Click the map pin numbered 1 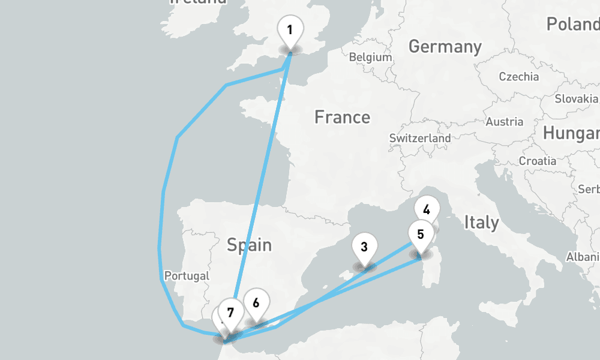tap(290, 29)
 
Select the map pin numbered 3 tap(364, 247)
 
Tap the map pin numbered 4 tap(427, 210)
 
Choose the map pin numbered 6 tap(256, 302)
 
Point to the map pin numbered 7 tap(230, 311)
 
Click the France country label tap(342, 117)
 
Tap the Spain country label tap(249, 245)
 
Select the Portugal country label tap(187, 276)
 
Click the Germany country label tap(445, 46)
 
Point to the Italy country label tap(481, 223)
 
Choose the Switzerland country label tap(420, 138)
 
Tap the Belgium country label tap(370, 58)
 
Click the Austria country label tap(504, 122)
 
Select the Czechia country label tap(519, 77)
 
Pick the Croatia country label tap(537, 161)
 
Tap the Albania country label tap(584, 257)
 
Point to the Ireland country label tap(198, 2)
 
